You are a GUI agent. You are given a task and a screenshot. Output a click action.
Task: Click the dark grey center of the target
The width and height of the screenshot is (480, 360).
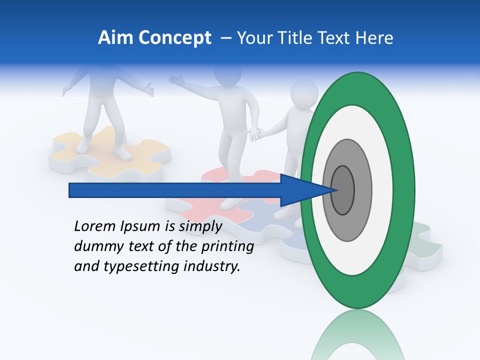(342, 190)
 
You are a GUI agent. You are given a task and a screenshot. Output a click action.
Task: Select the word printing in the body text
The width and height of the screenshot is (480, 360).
(228, 247)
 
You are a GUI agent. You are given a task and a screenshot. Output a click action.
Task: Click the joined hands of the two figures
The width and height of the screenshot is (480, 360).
(255, 134)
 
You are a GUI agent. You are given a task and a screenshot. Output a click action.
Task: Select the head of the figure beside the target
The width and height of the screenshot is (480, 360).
(304, 93)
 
